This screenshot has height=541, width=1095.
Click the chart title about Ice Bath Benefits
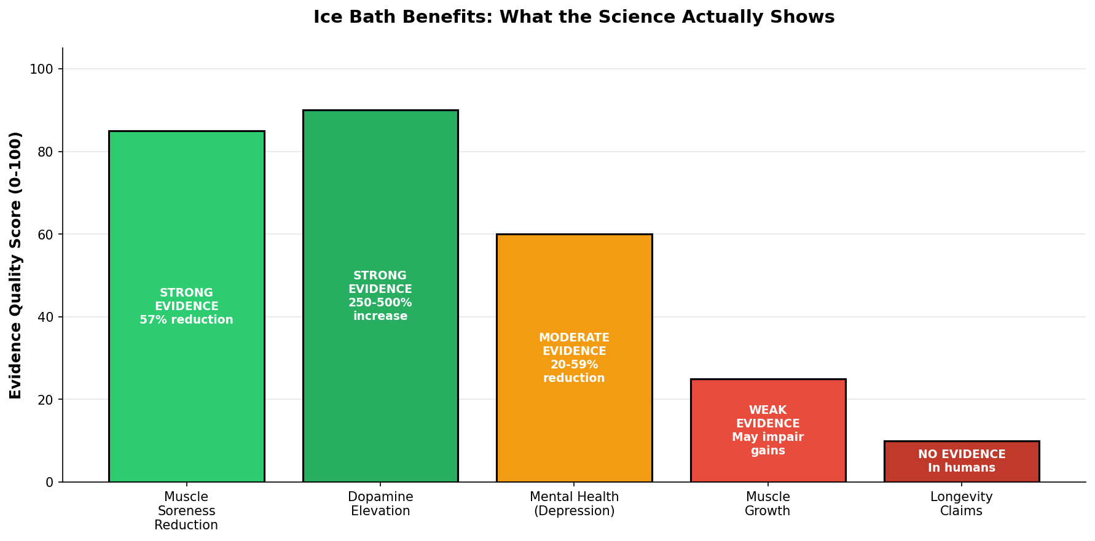coord(574,17)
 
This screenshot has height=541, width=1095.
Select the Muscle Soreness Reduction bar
coord(186,306)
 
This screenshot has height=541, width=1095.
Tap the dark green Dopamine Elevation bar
coord(380,296)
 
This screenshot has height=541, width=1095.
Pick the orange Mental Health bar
coord(574,358)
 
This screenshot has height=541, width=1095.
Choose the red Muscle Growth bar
coord(768,430)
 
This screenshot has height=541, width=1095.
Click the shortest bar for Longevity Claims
coord(962,461)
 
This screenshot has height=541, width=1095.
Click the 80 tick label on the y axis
coord(45,152)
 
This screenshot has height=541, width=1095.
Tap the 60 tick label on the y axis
coord(45,235)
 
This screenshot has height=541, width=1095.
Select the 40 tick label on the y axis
coord(45,317)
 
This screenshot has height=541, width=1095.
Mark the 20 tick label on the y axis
coord(45,400)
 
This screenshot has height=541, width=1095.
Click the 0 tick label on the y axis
coord(50,482)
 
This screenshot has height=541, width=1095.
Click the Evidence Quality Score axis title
coord(16,265)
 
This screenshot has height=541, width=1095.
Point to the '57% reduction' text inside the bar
coord(186,320)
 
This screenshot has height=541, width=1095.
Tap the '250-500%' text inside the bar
coord(380,303)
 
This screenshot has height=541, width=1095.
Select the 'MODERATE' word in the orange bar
coord(574,338)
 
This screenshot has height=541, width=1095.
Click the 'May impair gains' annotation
coord(768,444)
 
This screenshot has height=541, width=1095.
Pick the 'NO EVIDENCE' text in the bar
coord(962,454)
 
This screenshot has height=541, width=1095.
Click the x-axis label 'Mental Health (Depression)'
coord(574,504)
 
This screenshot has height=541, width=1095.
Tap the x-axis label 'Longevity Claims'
coord(962,504)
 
